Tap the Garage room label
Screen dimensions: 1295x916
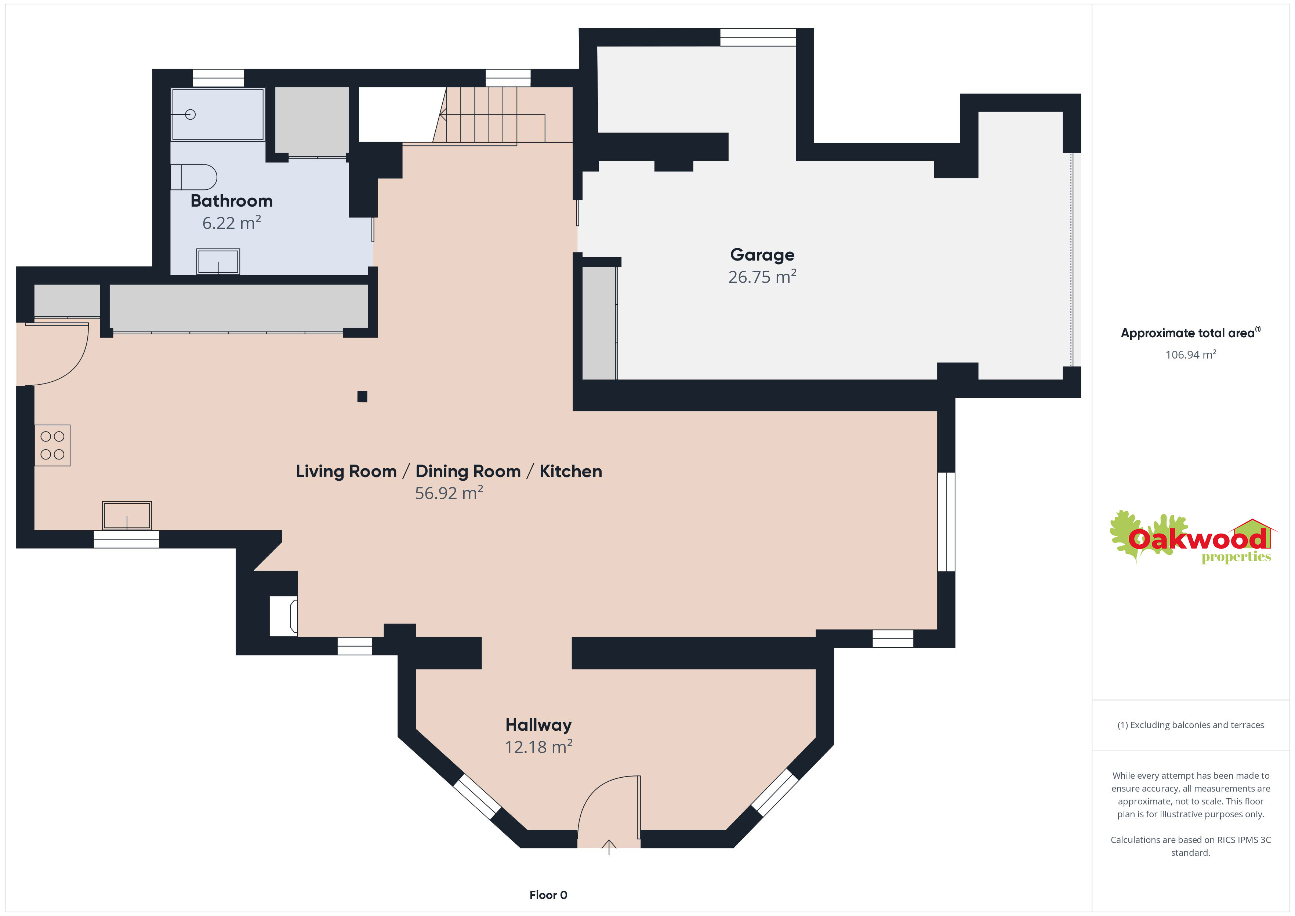coord(762,255)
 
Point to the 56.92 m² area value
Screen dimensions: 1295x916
coord(449,493)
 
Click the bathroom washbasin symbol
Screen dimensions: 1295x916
coord(218,262)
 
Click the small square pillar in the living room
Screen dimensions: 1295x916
coord(362,396)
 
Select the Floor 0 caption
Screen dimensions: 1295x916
coord(548,895)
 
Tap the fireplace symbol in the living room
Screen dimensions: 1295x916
coord(284,617)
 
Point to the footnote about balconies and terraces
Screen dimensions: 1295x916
coord(1191,725)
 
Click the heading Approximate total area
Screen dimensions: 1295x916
coord(1188,333)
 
